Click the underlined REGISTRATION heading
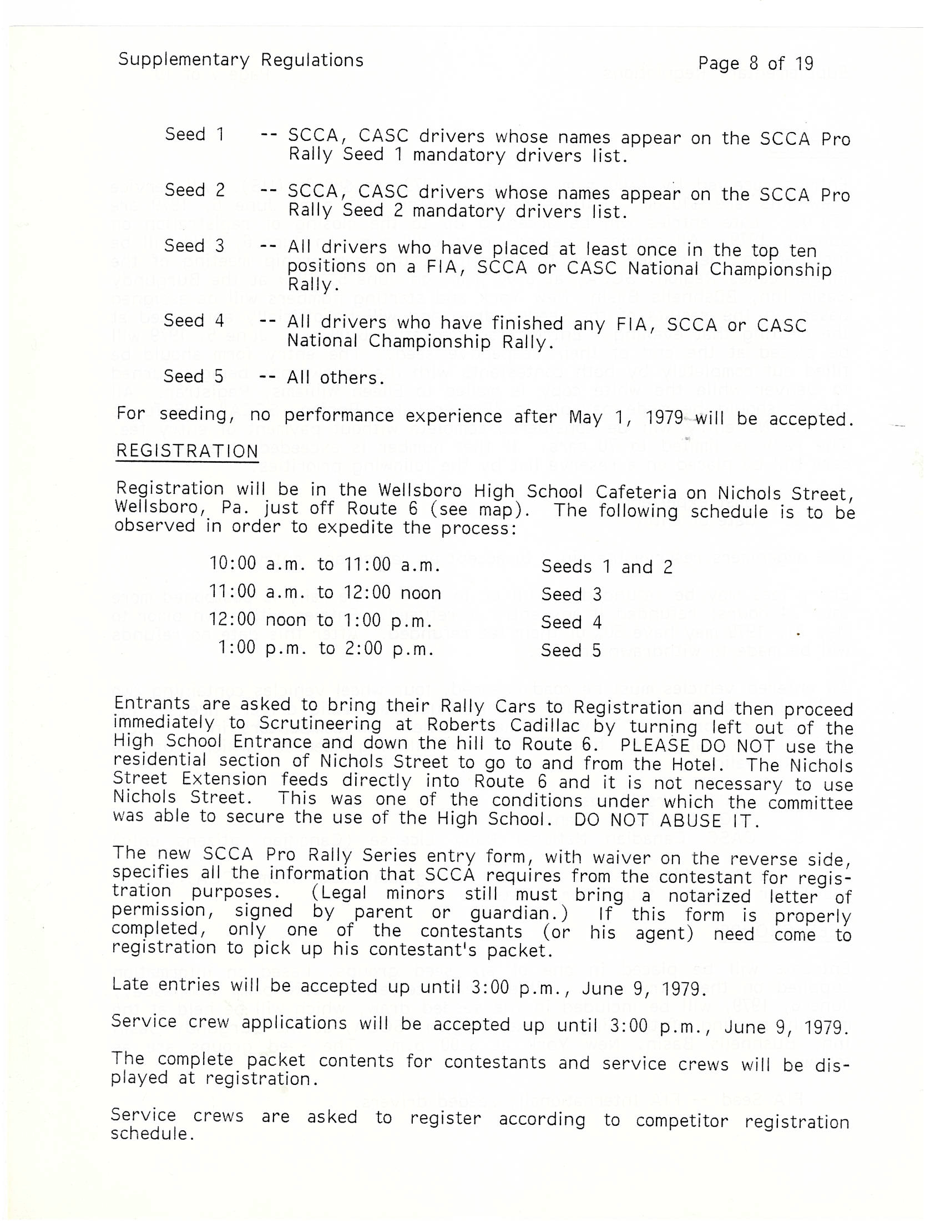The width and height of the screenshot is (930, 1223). [187, 451]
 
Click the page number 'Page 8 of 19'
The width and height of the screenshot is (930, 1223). [755, 63]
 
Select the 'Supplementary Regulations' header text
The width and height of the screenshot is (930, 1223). [241, 60]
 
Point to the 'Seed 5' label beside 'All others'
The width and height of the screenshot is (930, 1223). [193, 376]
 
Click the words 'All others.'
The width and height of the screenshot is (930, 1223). [336, 378]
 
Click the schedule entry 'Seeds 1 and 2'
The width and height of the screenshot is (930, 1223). [606, 567]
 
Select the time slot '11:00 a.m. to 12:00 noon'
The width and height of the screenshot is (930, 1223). [325, 593]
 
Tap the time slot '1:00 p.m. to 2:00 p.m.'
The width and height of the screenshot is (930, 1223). [326, 648]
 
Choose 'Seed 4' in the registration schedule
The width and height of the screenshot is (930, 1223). [571, 622]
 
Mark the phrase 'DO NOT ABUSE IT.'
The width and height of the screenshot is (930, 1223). [666, 820]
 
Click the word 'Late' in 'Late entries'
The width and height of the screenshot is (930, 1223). [130, 984]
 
